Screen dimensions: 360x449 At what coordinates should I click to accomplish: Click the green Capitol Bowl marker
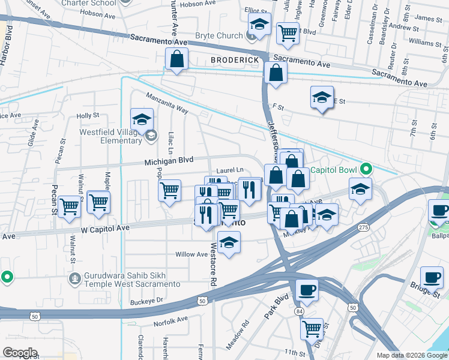[363, 169]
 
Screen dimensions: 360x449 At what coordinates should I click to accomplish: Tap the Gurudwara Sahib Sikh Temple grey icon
[74, 278]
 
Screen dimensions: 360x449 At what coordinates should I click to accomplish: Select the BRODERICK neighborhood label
[235, 60]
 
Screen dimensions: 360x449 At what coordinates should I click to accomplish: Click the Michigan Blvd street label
[169, 161]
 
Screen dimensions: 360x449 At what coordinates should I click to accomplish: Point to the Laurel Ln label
[231, 170]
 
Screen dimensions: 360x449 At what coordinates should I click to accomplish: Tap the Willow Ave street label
[191, 254]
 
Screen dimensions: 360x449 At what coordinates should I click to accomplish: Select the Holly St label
[87, 115]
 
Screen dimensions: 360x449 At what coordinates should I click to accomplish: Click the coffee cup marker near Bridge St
[432, 278]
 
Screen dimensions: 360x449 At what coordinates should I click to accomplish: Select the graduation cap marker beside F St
[322, 98]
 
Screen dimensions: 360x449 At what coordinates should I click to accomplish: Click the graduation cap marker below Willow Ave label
[229, 243]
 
